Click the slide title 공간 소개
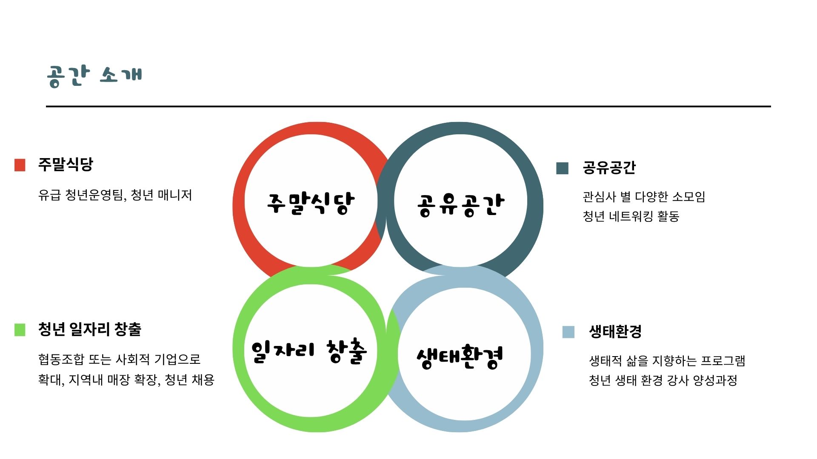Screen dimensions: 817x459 tap(94, 76)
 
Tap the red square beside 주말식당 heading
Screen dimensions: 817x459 tap(20, 165)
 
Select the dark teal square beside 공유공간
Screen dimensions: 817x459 tap(562, 168)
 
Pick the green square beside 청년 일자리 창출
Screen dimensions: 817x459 tap(20, 330)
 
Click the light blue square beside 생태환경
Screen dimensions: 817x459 tap(568, 332)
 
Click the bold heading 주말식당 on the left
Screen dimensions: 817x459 tap(66, 164)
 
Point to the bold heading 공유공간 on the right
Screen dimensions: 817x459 tap(609, 168)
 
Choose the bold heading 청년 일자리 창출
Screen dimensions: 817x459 tap(90, 329)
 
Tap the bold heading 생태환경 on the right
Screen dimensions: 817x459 tap(615, 331)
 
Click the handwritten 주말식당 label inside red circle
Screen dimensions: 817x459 tap(311, 203)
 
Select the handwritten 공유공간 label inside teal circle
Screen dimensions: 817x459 tap(460, 205)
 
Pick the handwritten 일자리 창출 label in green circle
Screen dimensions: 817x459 tap(309, 351)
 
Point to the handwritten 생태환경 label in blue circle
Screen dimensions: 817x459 tap(460, 356)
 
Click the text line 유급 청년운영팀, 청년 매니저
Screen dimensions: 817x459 tap(115, 195)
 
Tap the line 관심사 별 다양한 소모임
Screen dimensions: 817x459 tap(644, 197)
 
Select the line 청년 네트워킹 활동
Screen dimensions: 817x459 tap(631, 216)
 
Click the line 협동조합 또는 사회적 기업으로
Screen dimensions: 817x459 tap(119, 360)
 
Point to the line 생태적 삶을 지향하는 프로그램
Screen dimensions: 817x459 tap(667, 361)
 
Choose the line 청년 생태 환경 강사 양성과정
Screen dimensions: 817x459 tap(663, 380)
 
